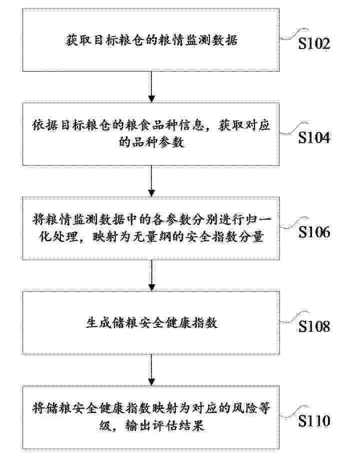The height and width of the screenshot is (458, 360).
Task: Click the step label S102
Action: point(314,44)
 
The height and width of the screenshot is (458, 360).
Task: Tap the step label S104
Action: point(314,138)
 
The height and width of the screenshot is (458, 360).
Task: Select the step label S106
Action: point(314,232)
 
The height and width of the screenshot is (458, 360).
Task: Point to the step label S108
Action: point(314,326)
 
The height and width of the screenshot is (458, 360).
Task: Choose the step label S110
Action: point(314,421)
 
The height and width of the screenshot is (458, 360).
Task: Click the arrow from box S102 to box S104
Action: point(151,87)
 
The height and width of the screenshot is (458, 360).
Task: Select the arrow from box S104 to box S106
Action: point(151,181)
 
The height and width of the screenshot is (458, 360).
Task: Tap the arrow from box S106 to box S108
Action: point(151,275)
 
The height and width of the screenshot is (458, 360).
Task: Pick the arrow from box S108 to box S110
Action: point(151,370)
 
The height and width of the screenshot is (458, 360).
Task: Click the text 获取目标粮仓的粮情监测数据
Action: point(151,41)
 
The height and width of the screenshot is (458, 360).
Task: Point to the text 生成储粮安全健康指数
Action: point(151,323)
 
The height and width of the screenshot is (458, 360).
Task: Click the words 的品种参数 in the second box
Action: point(151,142)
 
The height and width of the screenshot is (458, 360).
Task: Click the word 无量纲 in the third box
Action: point(152,237)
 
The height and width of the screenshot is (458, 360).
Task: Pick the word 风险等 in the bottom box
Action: point(250,408)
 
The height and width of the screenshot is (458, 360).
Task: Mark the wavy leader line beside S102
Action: point(293,35)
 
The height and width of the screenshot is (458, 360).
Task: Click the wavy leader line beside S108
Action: point(293,317)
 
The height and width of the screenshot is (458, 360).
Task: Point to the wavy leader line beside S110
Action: point(293,412)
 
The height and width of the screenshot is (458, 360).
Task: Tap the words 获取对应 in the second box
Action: point(244,126)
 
